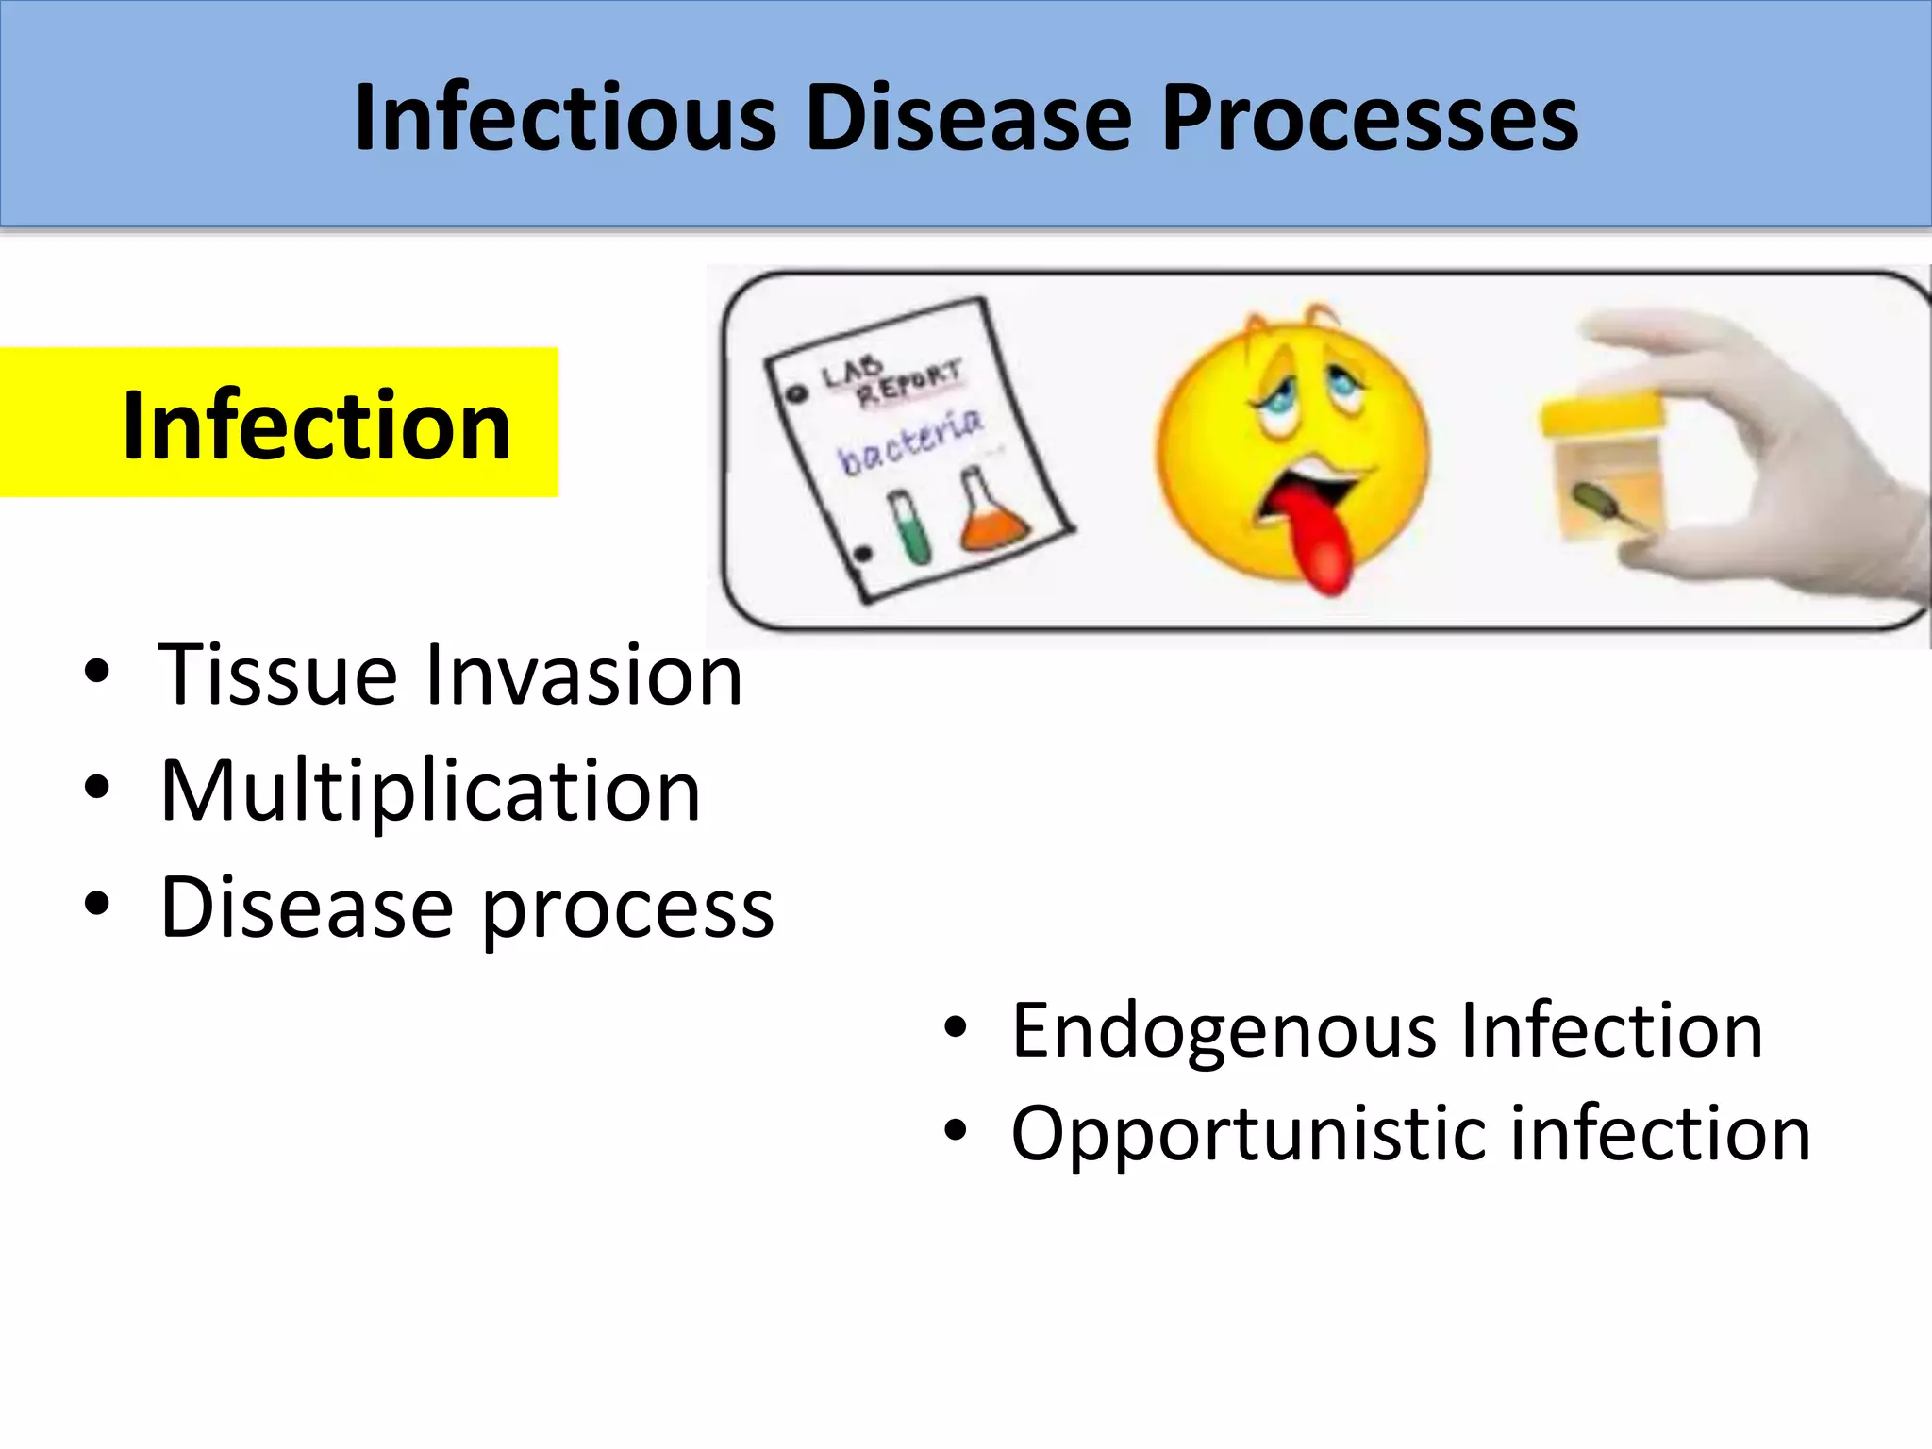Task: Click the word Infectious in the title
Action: pyautogui.click(x=564, y=118)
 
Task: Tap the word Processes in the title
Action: pyautogui.click(x=1370, y=118)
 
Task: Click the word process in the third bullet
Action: pyautogui.click(x=627, y=910)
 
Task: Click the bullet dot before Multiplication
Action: pyautogui.click(x=96, y=788)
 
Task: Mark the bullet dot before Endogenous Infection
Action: pyautogui.click(x=955, y=1028)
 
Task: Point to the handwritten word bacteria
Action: pyautogui.click(x=910, y=443)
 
